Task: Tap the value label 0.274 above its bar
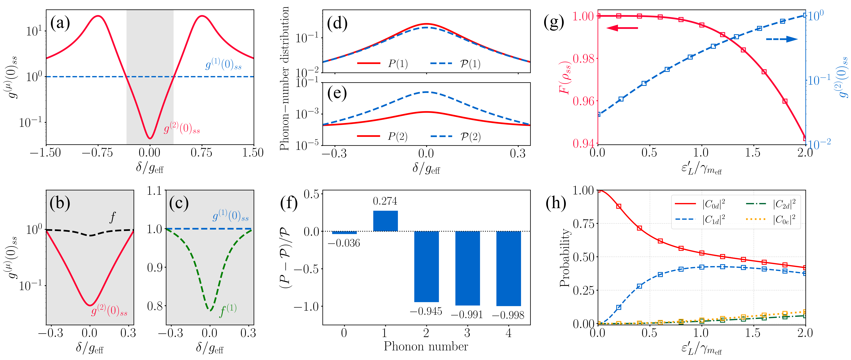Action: (385, 201)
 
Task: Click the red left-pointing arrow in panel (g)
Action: (622, 28)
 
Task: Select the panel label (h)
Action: (556, 202)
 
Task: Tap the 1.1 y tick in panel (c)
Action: (154, 191)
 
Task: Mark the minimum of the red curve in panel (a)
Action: (150, 138)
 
